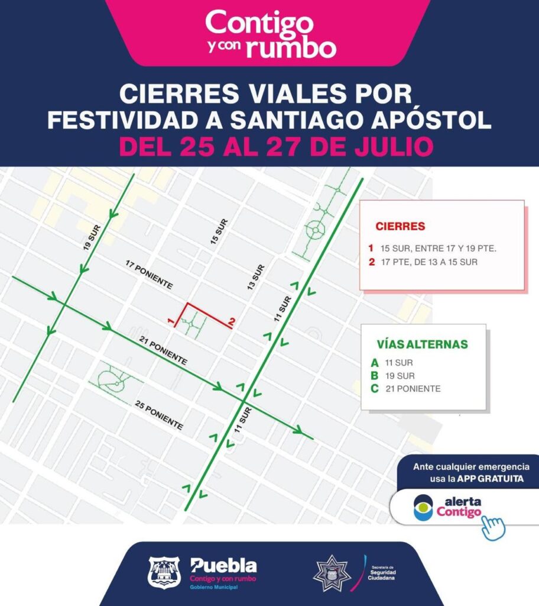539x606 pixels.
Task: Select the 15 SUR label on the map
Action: point(219,231)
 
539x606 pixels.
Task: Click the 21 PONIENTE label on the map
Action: point(163,350)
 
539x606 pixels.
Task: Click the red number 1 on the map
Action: point(170,321)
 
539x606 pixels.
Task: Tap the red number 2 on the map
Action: point(232,321)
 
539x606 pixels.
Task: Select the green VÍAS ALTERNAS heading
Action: point(422,344)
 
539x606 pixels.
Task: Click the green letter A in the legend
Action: point(374,363)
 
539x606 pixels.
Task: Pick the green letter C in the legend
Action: point(374,389)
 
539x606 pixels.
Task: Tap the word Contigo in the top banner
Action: point(259,23)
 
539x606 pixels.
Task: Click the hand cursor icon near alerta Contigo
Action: point(493,526)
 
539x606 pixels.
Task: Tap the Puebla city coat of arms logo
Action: point(163,572)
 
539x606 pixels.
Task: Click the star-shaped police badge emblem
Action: point(332,572)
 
